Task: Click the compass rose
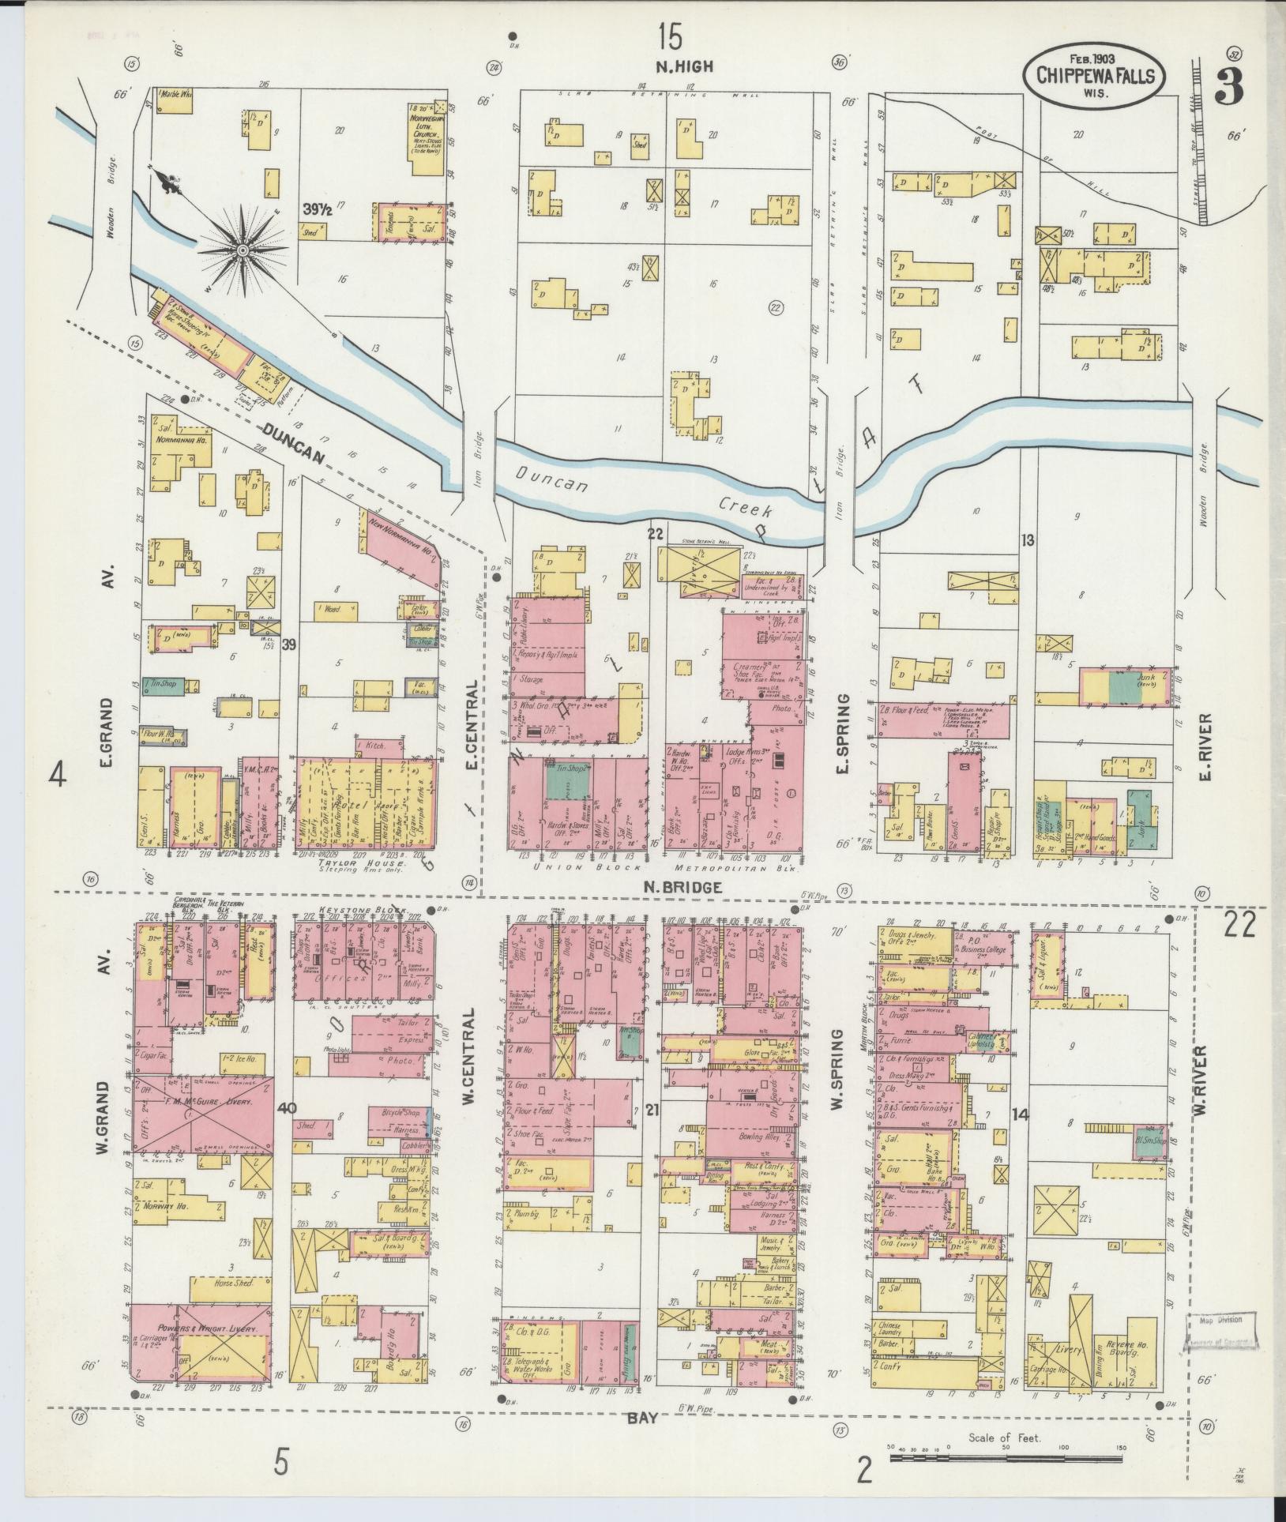(x=242, y=250)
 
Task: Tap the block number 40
(x=287, y=1107)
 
